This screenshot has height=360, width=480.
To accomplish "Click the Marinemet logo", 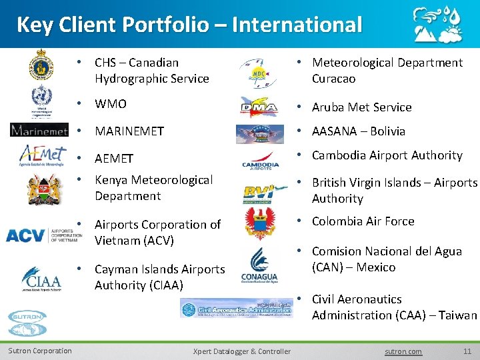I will (39, 129).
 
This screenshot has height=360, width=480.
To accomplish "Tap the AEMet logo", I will (42, 155).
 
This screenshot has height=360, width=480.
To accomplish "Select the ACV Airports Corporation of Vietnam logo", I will (43, 234).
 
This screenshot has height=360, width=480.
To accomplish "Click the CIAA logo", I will (41, 279).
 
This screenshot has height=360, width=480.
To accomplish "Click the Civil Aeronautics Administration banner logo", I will (237, 308).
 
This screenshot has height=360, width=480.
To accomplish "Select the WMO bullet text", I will (111, 104).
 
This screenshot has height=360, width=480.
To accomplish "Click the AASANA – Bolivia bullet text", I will (358, 131).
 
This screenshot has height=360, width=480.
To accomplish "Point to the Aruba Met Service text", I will (361, 107).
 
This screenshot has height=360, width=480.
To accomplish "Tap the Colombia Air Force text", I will (363, 221).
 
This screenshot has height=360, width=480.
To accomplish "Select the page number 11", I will (467, 351).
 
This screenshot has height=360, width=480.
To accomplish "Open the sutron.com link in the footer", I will (404, 351).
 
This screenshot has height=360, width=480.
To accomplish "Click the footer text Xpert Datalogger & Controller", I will (241, 351).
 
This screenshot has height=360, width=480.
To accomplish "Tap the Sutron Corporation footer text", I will (40, 351).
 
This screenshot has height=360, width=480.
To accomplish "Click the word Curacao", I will (334, 79).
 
